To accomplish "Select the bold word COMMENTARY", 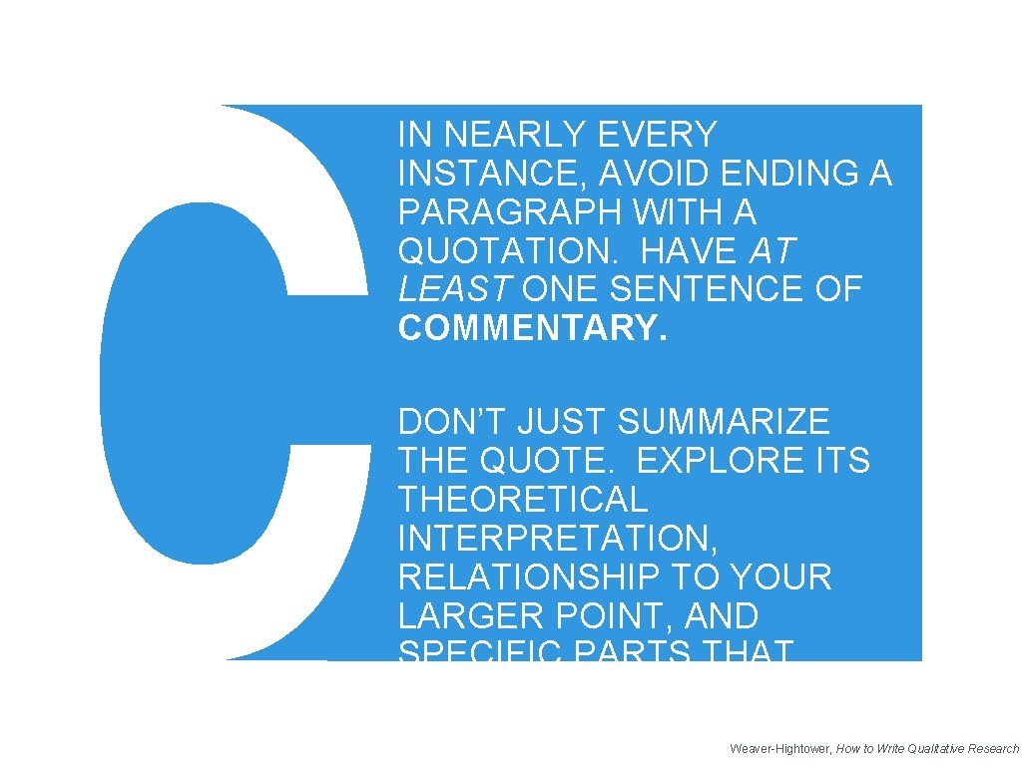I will [x=531, y=328].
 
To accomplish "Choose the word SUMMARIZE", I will [x=724, y=422].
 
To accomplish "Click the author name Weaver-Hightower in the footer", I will [x=779, y=748].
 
